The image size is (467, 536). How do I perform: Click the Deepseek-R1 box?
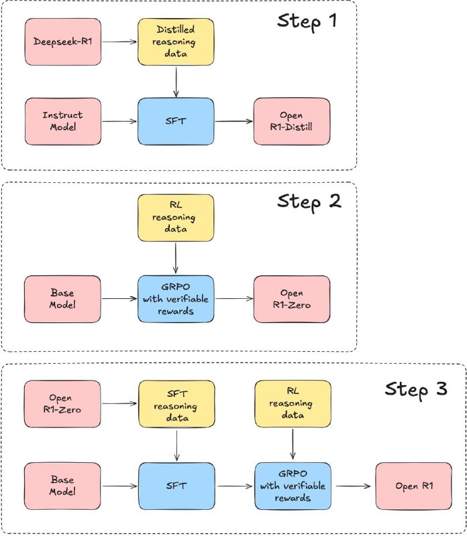63,42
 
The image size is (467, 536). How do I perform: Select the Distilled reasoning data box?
176,42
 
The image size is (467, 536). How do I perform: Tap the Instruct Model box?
63,121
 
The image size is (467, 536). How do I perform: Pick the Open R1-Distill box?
292,121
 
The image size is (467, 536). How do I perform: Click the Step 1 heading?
307,21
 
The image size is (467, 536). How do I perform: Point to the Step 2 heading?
309,202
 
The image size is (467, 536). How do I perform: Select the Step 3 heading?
416,389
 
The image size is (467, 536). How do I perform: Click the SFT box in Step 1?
176,121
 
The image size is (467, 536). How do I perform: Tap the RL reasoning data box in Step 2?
176,218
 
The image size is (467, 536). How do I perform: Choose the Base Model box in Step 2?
62,299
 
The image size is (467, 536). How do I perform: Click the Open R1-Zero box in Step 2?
292,299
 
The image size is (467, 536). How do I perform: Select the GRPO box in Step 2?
176,299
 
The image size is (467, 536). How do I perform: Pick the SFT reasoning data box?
176,404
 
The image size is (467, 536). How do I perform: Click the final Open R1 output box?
413,486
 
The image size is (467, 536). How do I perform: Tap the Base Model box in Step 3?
62,486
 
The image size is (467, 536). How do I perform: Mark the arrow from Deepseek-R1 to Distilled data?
119,42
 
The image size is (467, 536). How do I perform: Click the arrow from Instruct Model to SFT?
119,121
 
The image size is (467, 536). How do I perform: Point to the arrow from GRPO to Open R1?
354,486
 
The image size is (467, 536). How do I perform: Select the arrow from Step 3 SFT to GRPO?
235,486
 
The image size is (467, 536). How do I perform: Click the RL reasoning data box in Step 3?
293,404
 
